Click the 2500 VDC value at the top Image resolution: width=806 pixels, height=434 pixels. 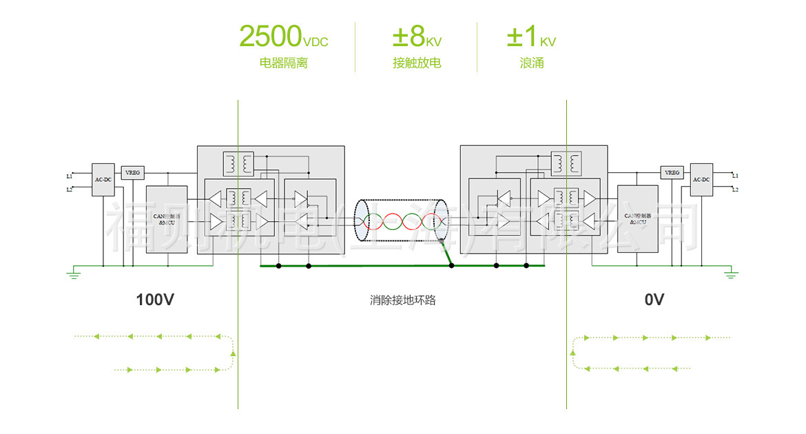(x=283, y=36)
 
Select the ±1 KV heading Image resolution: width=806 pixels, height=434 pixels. (x=531, y=37)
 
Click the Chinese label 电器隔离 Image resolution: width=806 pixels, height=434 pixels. (x=283, y=63)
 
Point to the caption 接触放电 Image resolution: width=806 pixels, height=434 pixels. (x=417, y=63)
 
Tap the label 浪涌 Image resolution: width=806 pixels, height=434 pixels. (x=532, y=63)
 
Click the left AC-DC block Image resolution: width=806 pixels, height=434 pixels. (x=103, y=180)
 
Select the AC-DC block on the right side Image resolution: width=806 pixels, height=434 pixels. (x=701, y=179)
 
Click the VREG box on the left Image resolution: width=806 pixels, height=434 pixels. (x=132, y=172)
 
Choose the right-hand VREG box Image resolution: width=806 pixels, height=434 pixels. (x=671, y=172)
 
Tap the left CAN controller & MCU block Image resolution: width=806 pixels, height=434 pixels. (x=167, y=218)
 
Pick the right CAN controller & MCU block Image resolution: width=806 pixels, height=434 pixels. (x=638, y=218)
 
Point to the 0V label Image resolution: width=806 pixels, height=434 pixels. (x=654, y=300)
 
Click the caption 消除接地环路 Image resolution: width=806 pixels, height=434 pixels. (x=403, y=300)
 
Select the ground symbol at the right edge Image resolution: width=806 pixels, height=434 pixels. (x=732, y=275)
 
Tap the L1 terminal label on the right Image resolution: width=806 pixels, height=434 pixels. (x=735, y=176)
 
